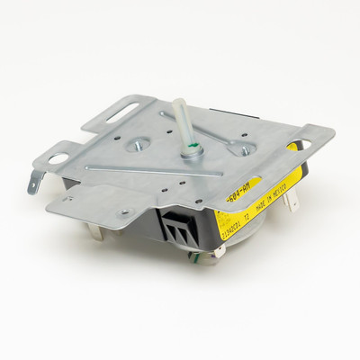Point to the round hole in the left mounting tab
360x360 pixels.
click(x=58, y=159)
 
